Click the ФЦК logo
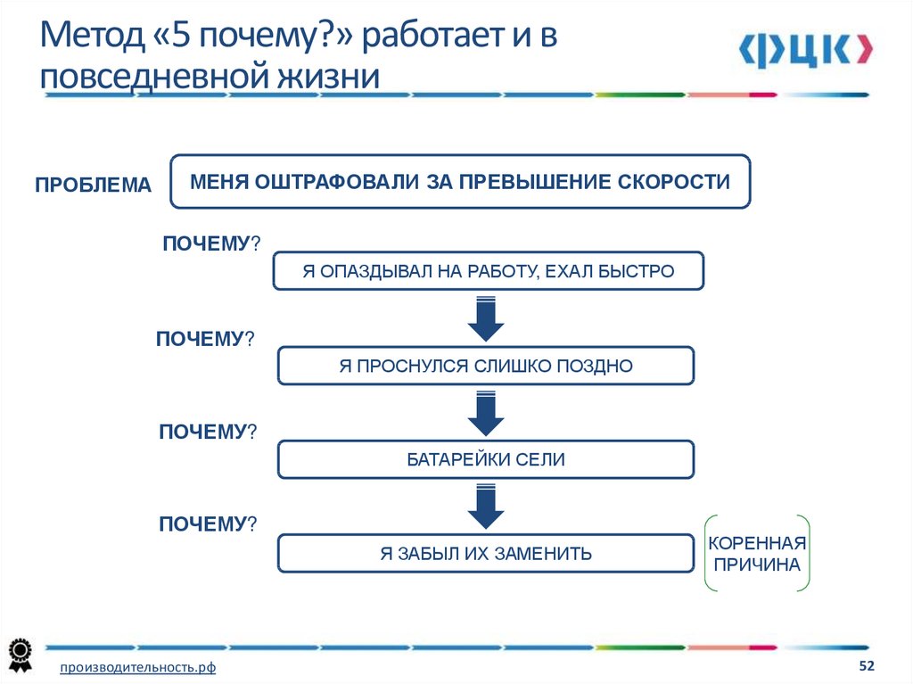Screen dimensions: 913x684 (805, 50)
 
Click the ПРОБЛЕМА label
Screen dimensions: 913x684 (93, 185)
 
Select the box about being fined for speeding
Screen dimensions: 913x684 (460, 181)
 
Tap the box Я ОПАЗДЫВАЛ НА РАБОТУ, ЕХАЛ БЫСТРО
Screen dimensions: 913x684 (489, 271)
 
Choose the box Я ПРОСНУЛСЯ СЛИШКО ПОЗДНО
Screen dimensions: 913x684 (486, 366)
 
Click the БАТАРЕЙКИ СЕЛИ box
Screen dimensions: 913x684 (486, 459)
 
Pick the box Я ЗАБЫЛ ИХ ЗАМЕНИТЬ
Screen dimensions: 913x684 (486, 553)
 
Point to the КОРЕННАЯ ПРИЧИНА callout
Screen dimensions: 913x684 (757, 554)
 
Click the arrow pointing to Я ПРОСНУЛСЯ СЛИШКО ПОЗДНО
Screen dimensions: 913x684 (486, 318)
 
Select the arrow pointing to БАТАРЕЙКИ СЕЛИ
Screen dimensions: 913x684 (486, 414)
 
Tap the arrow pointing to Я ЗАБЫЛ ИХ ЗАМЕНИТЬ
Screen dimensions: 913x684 (486, 507)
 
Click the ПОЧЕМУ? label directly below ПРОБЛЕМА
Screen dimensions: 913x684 (211, 243)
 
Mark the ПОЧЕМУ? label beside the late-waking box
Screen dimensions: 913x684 (205, 339)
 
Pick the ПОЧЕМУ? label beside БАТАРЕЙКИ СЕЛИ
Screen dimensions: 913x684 (208, 432)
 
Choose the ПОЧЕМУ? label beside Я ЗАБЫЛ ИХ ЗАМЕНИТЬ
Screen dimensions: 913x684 (208, 524)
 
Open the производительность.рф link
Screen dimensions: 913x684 (137, 668)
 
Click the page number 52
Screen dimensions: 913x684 (867, 665)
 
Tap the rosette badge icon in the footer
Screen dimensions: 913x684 (21, 655)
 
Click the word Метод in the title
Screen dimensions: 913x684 (92, 35)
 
